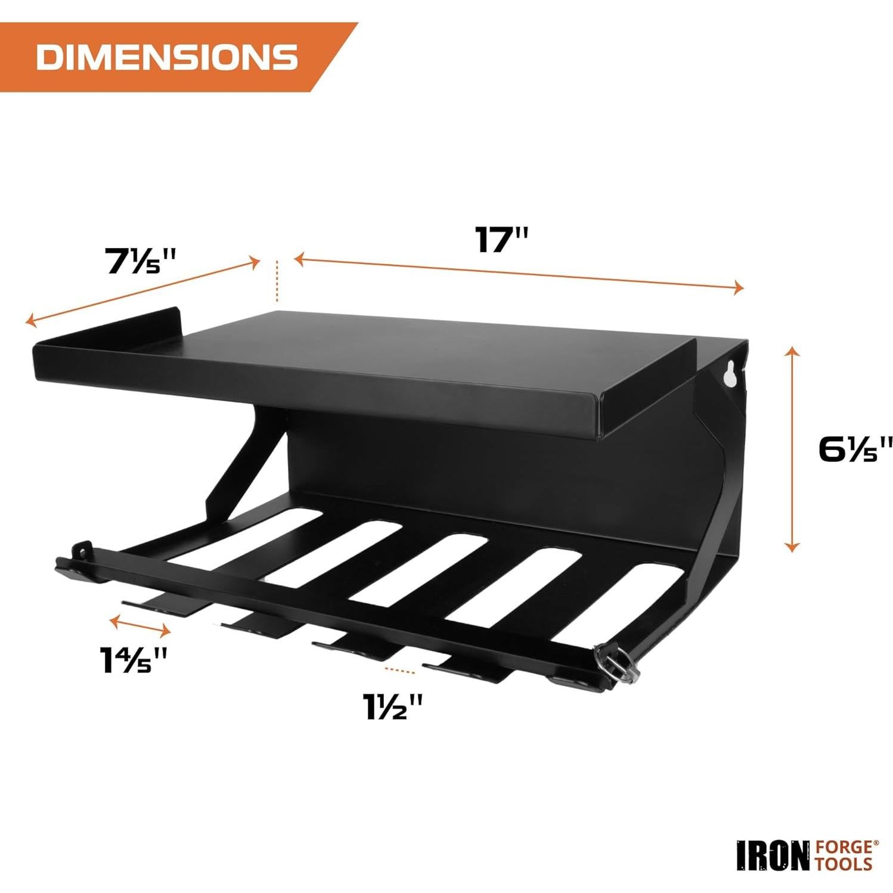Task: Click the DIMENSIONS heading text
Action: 167,57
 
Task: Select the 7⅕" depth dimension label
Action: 141,261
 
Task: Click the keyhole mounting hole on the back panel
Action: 729,374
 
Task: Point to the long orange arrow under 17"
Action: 519,273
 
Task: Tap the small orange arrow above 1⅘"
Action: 141,625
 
